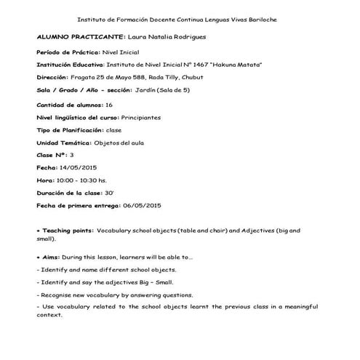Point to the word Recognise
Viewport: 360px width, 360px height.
click(58, 295)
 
